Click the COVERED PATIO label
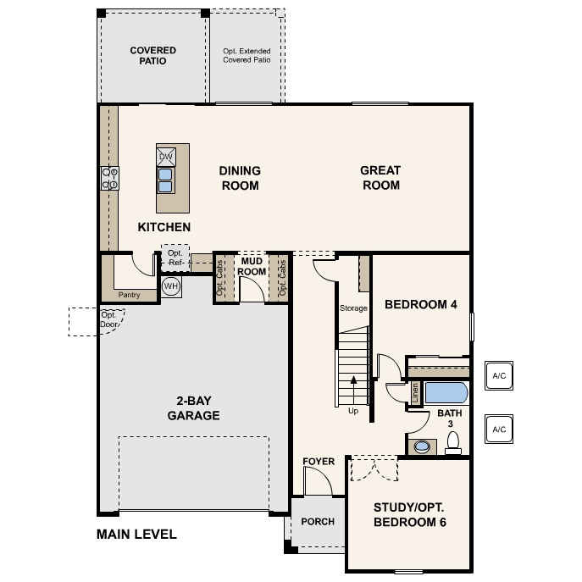coord(152,56)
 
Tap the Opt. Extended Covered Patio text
coord(247,56)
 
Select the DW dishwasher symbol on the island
coord(165,157)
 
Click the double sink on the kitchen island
coord(165,180)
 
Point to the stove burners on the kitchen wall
coord(110,178)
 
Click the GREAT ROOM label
coord(380,177)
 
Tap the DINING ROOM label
coord(240,177)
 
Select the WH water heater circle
coord(171,286)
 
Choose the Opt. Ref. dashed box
coord(175,258)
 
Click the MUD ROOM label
coord(252,266)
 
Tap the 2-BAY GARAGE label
coord(193,408)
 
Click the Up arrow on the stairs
coord(353,394)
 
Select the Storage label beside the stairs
coord(353,308)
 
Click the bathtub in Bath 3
coord(445,392)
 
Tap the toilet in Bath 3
coord(453,441)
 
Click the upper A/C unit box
coord(498,375)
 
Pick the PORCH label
coord(318,522)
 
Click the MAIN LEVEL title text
coord(136,535)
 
